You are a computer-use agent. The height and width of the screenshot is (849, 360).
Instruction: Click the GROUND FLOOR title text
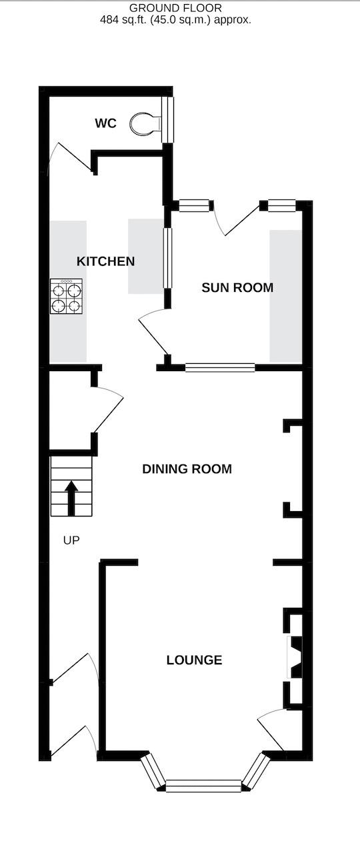point(176,8)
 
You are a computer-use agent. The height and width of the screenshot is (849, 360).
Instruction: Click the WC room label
point(105,123)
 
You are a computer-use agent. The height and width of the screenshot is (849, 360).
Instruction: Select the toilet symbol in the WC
point(145,123)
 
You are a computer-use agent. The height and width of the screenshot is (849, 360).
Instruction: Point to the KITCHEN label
point(105,261)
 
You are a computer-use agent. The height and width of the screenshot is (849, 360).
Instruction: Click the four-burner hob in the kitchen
point(66,297)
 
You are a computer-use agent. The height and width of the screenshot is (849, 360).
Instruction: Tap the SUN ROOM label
point(237,288)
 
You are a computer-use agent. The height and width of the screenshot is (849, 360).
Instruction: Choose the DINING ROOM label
point(187,469)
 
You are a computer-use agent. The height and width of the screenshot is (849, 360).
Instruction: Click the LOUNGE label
point(194,660)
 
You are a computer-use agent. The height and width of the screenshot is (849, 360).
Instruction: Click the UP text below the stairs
point(71,540)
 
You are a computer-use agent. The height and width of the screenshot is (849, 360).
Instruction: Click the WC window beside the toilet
point(170,119)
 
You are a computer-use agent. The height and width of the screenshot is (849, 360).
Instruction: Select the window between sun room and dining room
point(220,367)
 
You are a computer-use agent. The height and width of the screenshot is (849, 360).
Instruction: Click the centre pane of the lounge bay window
point(203,786)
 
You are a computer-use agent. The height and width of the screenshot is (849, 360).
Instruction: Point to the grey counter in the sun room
point(285,295)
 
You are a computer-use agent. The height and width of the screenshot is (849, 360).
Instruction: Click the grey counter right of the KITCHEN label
point(145,256)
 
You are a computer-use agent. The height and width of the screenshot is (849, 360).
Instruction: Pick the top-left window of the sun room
point(194,206)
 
